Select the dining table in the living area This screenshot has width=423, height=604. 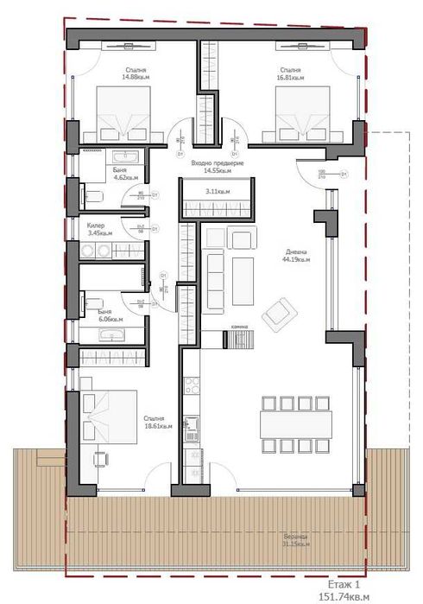click(295, 423)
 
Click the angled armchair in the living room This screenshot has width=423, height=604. click(277, 312)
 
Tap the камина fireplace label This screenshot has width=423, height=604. click(238, 326)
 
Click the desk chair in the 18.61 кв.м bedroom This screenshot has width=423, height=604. click(103, 458)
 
